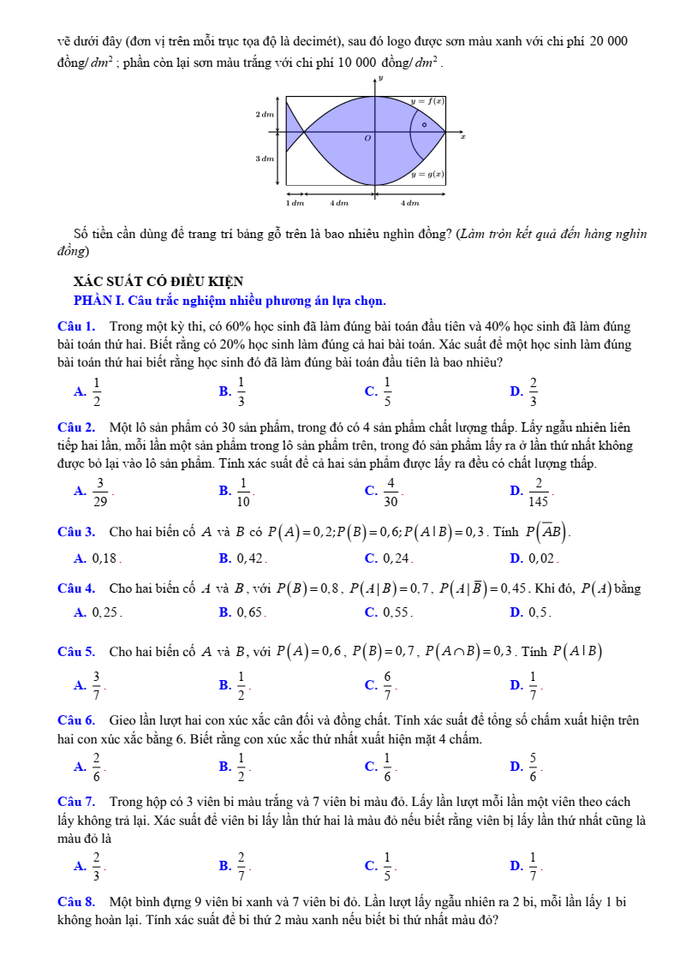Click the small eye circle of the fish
click(x=424, y=124)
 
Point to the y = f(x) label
click(x=427, y=100)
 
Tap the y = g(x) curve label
click(x=426, y=174)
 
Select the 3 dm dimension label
click(x=264, y=158)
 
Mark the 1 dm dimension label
click(x=295, y=203)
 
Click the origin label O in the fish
click(x=368, y=138)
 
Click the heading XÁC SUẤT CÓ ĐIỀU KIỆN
click(x=158, y=281)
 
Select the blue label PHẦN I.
click(x=100, y=301)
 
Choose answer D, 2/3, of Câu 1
click(x=534, y=391)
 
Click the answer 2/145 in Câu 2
click(x=539, y=491)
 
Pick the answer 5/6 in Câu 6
click(x=534, y=766)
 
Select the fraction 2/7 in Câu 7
click(x=242, y=866)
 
